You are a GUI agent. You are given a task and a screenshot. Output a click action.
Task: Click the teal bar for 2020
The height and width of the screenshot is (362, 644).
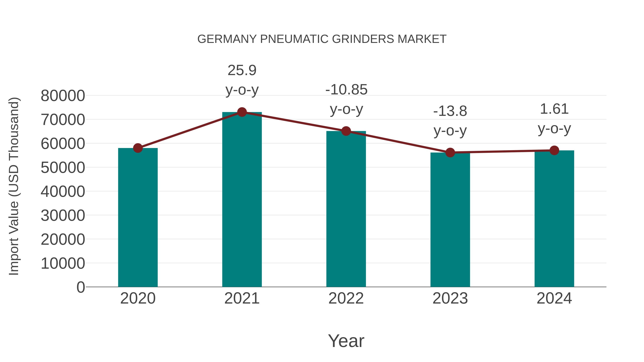pos(138,217)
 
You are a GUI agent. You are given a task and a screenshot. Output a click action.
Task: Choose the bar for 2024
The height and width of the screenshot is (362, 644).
pos(554,219)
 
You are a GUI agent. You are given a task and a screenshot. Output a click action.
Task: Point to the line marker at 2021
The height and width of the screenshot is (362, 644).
pos(242,112)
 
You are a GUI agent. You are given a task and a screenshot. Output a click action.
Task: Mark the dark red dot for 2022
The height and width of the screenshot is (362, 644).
pos(346,131)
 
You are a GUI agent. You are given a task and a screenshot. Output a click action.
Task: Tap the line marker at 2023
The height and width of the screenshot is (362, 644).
pos(450,152)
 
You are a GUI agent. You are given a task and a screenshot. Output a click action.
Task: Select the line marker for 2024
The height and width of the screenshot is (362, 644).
pos(554,150)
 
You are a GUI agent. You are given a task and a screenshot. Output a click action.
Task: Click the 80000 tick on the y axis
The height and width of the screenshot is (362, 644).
pos(63,95)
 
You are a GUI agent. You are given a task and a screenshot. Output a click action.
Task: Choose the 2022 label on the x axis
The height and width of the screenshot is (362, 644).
pos(346,298)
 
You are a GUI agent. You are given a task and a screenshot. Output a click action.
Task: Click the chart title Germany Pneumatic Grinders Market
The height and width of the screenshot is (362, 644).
pos(322,39)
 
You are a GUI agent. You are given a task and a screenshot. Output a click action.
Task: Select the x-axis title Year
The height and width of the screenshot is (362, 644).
pos(346,341)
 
